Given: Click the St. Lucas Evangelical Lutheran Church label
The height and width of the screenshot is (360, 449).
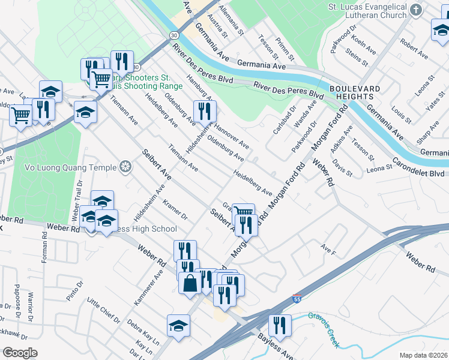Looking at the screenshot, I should (375, 11).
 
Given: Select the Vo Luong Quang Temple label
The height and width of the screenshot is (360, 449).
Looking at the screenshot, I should (75, 166).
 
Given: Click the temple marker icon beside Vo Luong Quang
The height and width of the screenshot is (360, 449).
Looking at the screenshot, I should (125, 166).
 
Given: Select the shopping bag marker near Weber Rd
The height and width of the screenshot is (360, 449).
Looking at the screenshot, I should (190, 283).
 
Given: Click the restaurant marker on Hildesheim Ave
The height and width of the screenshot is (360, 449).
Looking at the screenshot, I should (204, 112).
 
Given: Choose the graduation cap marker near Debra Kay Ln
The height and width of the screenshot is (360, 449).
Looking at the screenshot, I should (178, 326).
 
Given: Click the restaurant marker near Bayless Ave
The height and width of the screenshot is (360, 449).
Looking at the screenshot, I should (280, 326).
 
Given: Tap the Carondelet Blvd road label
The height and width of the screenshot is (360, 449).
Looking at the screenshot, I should (417, 170).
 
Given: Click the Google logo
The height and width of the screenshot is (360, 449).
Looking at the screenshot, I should (20, 353).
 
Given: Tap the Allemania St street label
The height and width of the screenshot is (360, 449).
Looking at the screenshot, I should (232, 20).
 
